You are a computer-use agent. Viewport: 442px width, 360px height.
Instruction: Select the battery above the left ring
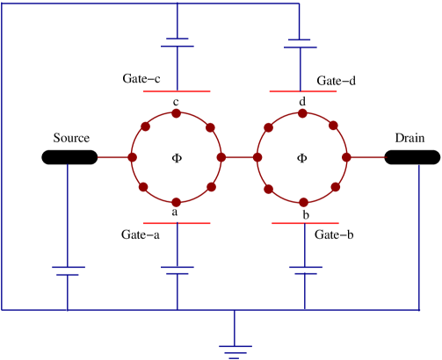point(178,42)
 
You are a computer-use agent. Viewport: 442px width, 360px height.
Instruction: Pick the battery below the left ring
point(178,270)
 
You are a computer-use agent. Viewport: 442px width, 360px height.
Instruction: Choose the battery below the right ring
point(305,270)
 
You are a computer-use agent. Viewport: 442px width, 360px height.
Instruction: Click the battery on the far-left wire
point(68,270)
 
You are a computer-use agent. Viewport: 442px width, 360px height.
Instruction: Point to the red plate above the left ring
point(177,91)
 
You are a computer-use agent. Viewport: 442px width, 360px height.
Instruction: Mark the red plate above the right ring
point(303,91)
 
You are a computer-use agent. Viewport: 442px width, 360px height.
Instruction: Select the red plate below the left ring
point(177,223)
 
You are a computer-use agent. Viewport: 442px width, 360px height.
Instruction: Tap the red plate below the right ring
point(305,223)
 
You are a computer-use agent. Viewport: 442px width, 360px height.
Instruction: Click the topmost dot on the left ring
point(177,113)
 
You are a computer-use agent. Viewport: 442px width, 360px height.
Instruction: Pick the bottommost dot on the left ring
point(177,202)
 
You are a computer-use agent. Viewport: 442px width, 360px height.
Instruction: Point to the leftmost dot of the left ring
point(132,157)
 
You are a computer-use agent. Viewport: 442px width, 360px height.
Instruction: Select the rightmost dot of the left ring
point(221,157)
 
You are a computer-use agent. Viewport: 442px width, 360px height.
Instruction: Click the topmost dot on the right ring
point(302,113)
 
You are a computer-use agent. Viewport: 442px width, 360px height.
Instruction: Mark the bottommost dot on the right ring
point(303,202)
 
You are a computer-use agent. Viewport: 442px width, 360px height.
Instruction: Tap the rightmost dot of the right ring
point(347,157)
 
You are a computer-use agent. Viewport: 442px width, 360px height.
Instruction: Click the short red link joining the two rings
point(239,157)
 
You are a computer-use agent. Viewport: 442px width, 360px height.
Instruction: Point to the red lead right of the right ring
point(367,157)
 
